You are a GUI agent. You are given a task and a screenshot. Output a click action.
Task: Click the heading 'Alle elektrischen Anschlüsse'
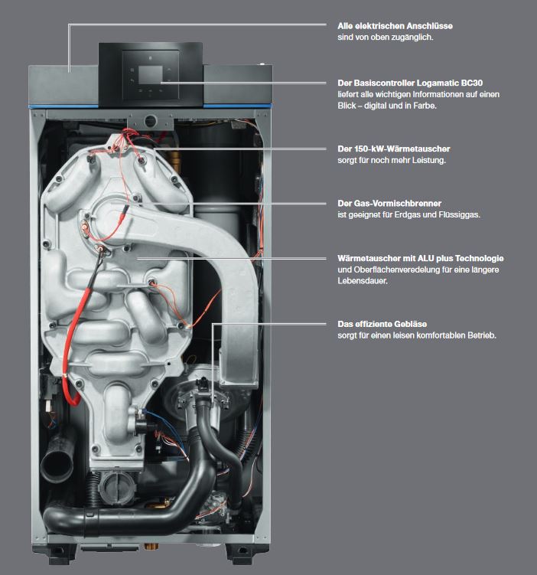coord(385,26)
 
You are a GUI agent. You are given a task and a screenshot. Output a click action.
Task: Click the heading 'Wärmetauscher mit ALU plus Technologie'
coord(420,259)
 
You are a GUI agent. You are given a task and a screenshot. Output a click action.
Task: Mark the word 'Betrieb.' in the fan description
coord(477,335)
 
